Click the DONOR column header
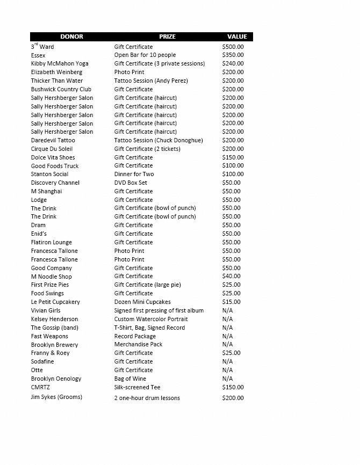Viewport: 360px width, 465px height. point(71,37)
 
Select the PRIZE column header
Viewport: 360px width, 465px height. point(167,37)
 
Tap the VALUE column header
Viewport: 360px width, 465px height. point(237,37)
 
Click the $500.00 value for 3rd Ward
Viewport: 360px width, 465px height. point(233,47)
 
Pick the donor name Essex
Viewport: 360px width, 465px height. point(38,55)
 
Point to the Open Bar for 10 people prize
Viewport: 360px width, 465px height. point(145,55)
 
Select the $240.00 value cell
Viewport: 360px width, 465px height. point(233,64)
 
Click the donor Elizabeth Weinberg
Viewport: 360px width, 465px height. point(56,72)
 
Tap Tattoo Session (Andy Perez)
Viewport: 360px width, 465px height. point(151,81)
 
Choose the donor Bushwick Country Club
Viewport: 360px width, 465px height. point(61,89)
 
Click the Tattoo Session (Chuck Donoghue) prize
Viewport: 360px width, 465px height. point(159,140)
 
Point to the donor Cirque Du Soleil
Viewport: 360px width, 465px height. point(52,149)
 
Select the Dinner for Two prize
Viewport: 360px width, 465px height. point(134,175)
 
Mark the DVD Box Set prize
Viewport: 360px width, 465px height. point(131,183)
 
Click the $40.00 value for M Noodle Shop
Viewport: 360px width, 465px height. point(232,277)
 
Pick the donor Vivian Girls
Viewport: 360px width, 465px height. point(46,310)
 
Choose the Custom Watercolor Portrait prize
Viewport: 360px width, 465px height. point(151,319)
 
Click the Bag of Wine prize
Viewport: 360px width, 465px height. point(130,379)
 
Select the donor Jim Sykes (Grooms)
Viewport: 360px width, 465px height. point(56,397)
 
